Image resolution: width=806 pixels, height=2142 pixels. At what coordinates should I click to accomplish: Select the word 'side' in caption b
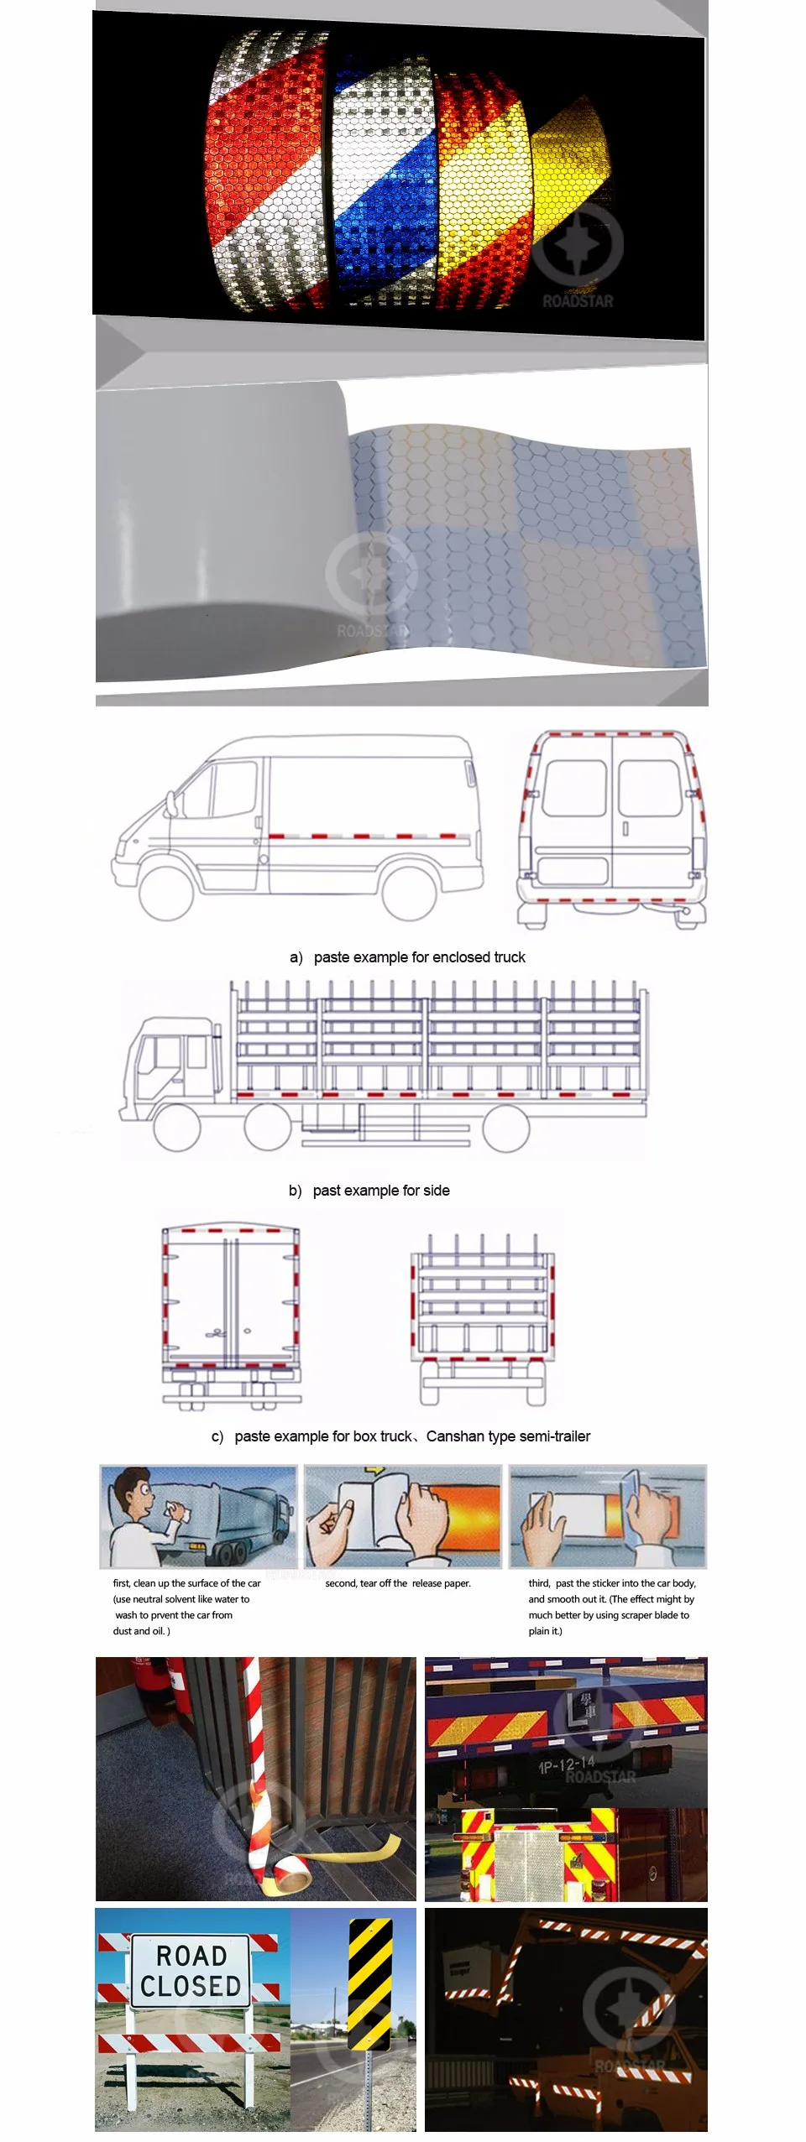[x=436, y=1191]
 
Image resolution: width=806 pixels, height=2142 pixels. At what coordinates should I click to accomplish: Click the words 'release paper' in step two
[x=441, y=1583]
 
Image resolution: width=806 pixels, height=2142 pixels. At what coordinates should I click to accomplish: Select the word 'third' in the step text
[x=539, y=1583]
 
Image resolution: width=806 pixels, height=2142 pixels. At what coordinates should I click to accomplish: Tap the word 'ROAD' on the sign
[x=191, y=1956]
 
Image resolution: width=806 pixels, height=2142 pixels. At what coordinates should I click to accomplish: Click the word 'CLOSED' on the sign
[x=191, y=1986]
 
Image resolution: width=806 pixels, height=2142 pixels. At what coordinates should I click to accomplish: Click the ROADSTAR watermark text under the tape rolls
[x=578, y=301]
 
